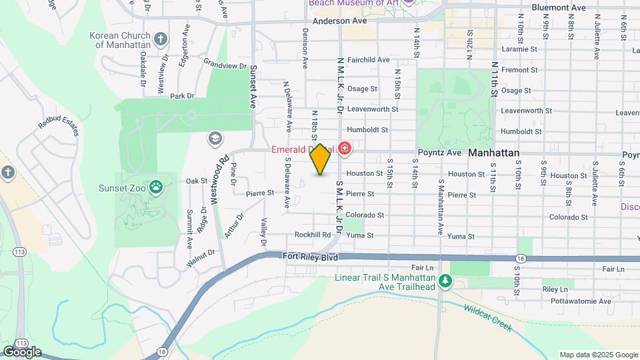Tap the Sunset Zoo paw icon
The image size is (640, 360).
pos(156,187)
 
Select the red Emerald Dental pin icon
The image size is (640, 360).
pos(345,148)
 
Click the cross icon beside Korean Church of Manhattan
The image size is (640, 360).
pos(160,39)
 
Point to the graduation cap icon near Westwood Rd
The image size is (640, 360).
pos(215,138)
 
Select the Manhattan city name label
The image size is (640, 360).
pos(493,153)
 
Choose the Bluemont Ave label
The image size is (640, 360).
pos(559,7)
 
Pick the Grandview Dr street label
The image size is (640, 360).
pos(225,65)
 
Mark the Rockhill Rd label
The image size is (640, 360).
pos(313,235)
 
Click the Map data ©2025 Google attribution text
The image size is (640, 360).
pos(598,355)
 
